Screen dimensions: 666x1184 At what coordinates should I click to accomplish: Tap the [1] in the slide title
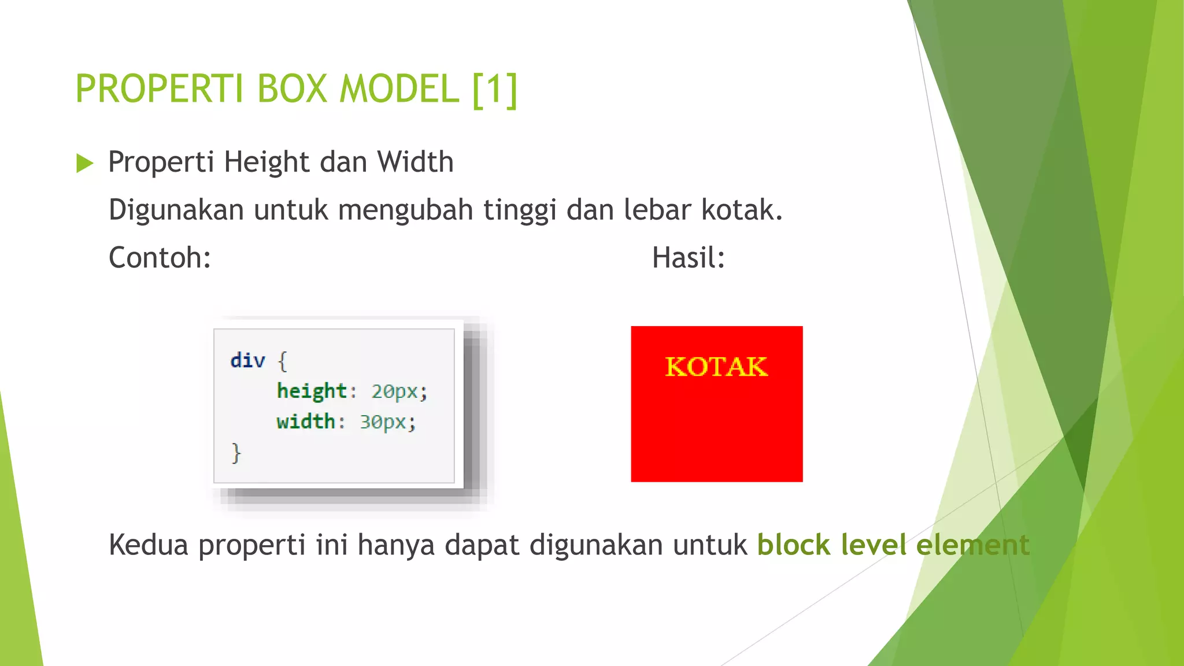(495, 89)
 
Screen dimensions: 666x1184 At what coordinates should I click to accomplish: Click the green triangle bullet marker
(84, 163)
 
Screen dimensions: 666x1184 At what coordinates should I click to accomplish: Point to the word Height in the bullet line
(267, 162)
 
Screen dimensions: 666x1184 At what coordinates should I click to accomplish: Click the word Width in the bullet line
(415, 162)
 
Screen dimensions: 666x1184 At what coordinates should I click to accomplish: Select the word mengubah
(405, 210)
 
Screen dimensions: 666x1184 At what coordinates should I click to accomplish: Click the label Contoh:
(160, 258)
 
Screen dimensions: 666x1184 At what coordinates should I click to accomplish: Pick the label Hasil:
(688, 258)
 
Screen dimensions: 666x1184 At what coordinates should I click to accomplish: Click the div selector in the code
(247, 361)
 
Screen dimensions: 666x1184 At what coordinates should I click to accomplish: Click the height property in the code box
(312, 391)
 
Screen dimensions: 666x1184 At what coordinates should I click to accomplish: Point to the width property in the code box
(306, 421)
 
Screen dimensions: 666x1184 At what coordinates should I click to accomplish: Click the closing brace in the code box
(236, 453)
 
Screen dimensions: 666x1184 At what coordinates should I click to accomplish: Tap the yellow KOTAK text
(716, 367)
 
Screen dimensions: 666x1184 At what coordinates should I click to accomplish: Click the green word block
(793, 545)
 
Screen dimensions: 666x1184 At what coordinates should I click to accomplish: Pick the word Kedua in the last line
(149, 545)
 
